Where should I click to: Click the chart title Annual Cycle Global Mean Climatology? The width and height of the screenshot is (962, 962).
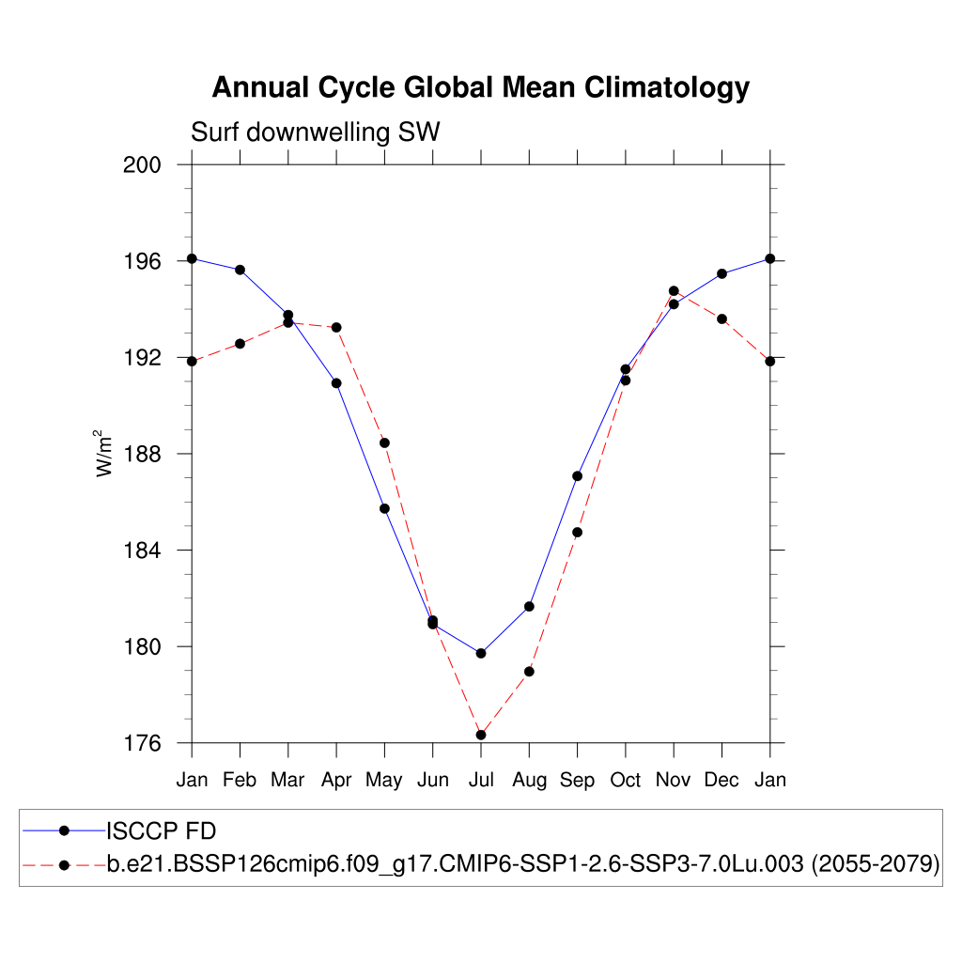(x=480, y=87)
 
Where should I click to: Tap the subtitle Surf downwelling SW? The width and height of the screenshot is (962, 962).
(x=316, y=132)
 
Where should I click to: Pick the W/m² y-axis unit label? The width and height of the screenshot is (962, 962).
(x=105, y=454)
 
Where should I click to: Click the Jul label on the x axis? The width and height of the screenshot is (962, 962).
(x=481, y=780)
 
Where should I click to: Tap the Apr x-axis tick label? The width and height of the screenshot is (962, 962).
(x=336, y=780)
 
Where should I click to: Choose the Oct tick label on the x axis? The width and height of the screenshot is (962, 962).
(x=626, y=780)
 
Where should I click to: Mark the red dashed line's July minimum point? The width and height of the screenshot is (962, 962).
(x=481, y=735)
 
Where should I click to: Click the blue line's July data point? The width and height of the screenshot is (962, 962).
(x=481, y=653)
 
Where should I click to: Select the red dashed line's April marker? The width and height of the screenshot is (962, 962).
(x=336, y=327)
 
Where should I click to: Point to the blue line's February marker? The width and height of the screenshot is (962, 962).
(x=240, y=270)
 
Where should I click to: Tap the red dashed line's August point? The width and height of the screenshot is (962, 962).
(x=529, y=671)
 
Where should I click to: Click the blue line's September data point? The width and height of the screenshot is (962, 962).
(x=577, y=476)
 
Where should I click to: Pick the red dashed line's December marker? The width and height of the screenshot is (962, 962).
(x=721, y=319)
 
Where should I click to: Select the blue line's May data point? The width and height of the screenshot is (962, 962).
(x=384, y=508)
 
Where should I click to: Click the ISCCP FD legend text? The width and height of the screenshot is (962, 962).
(x=162, y=830)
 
